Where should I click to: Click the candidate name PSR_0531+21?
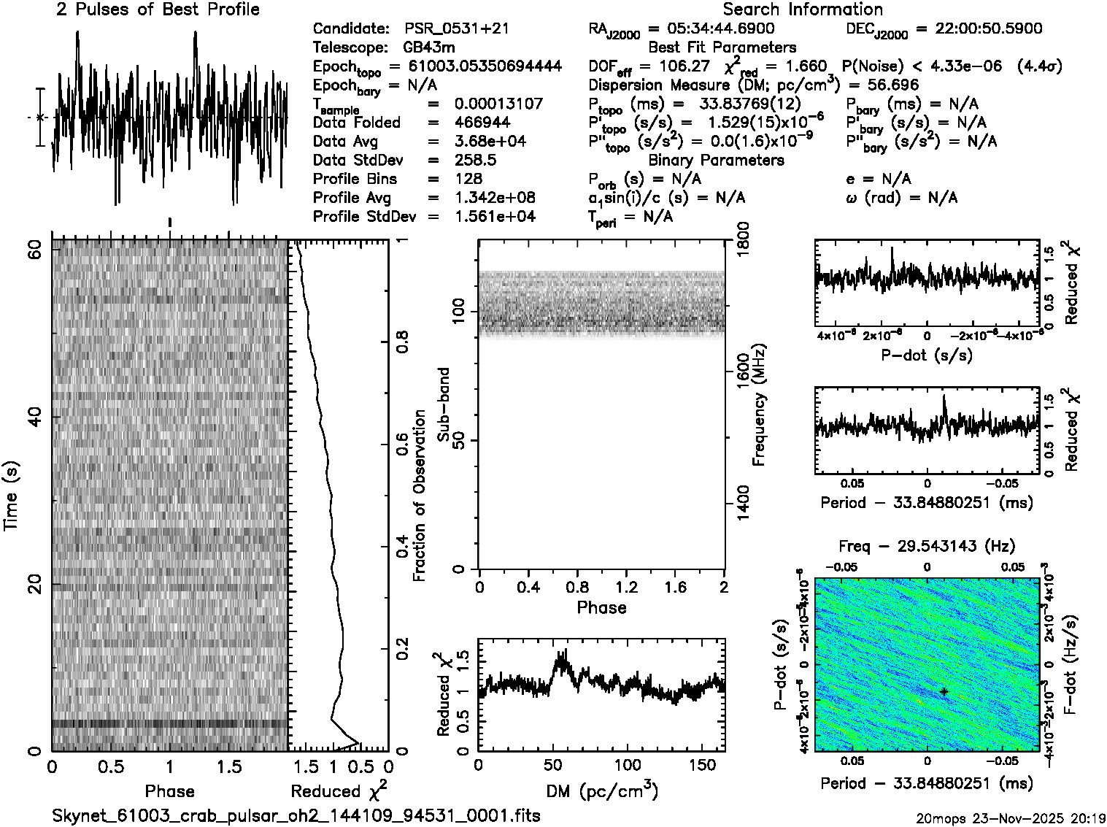pos(456,28)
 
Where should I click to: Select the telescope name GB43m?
pos(429,47)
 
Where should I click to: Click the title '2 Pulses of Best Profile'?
pos(158,9)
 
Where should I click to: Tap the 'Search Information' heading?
pos(802,9)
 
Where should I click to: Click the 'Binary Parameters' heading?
pos(716,160)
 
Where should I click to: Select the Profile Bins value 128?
pos(468,179)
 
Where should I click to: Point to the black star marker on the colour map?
pos(944,691)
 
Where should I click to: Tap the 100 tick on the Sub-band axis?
pos(459,312)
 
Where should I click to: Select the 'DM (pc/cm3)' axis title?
pos(602,790)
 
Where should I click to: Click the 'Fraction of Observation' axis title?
pos(420,496)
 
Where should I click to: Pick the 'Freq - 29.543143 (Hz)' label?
pos(927,546)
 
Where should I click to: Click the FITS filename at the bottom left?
pos(296,815)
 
